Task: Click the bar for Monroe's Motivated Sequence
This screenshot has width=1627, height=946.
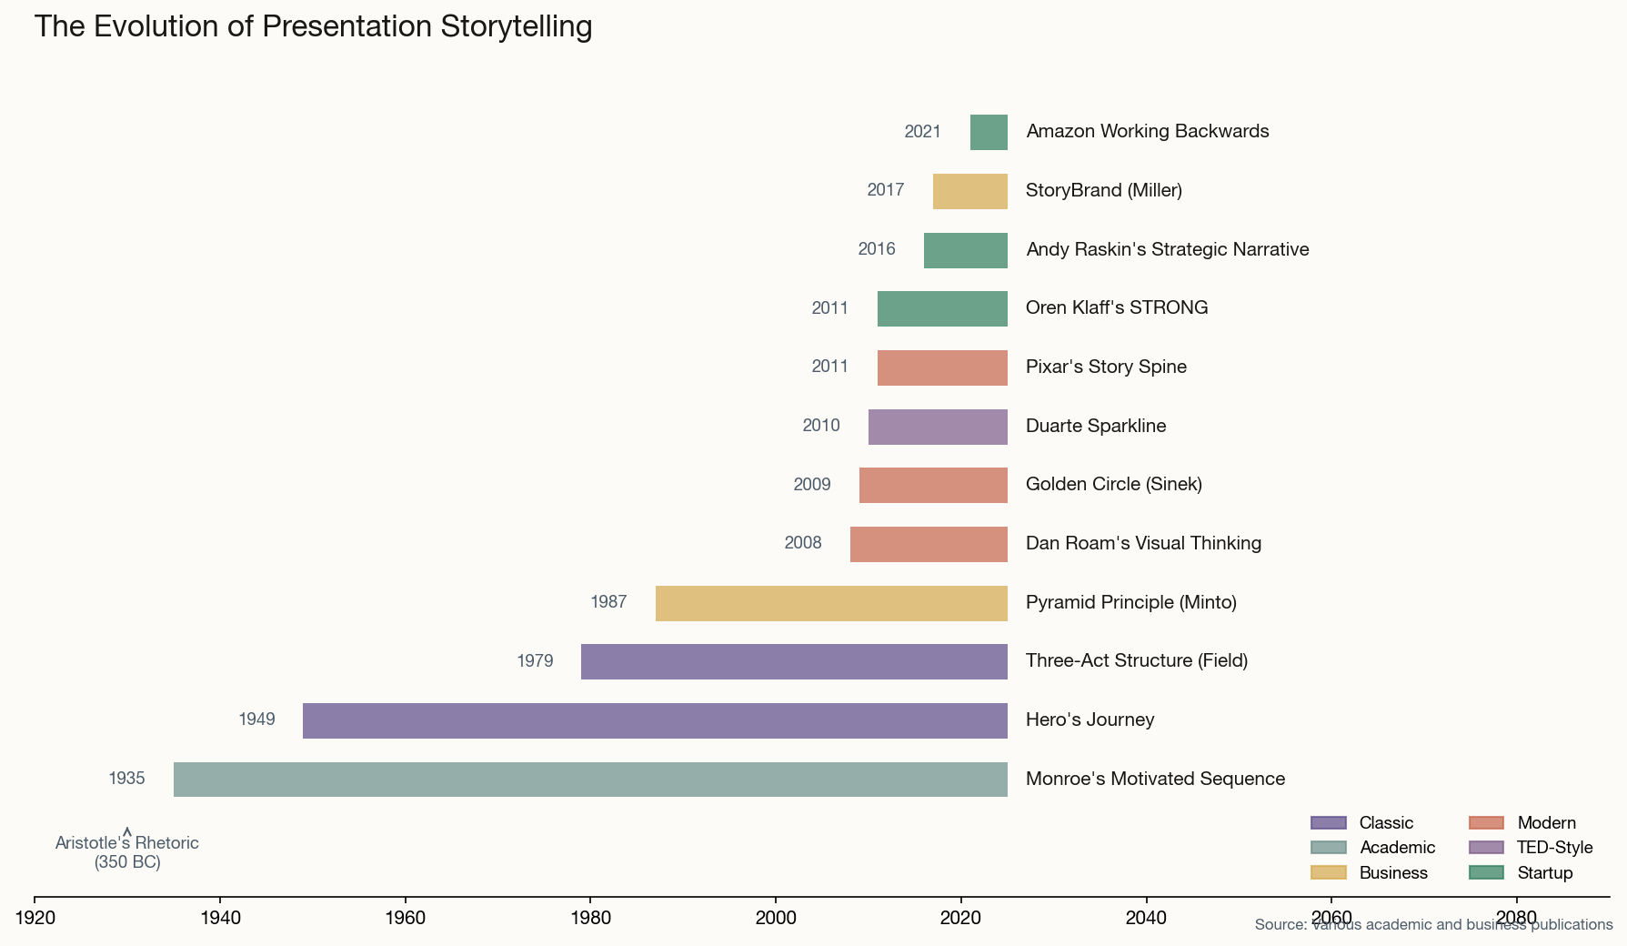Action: pyautogui.click(x=590, y=780)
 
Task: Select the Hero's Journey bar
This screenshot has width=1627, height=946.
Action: pyautogui.click(x=655, y=720)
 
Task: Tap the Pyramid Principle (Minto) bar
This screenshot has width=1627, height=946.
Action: pyautogui.click(x=831, y=603)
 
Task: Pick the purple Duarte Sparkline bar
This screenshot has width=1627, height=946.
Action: pyautogui.click(x=938, y=427)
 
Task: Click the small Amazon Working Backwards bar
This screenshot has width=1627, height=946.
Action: pyautogui.click(x=989, y=133)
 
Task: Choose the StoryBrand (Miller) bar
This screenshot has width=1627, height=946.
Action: pyautogui.click(x=969, y=191)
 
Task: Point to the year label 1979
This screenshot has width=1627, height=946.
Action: pyautogui.click(x=535, y=661)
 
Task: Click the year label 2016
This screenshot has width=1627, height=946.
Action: pyautogui.click(x=877, y=249)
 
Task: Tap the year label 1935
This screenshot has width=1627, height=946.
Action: pyautogui.click(x=126, y=779)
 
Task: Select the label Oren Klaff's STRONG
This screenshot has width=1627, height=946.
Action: pyautogui.click(x=1117, y=307)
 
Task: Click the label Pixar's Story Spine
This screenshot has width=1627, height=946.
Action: pyautogui.click(x=1106, y=367)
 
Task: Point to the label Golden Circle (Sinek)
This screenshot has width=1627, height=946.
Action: pyautogui.click(x=1113, y=484)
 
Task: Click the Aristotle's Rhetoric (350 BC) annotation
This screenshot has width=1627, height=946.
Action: pyautogui.click(x=127, y=852)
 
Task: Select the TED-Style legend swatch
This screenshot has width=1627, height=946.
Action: pyautogui.click(x=1486, y=848)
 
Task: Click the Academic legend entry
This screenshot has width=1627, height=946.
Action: pyautogui.click(x=1397, y=848)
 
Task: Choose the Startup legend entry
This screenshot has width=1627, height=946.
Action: pyautogui.click(x=1544, y=873)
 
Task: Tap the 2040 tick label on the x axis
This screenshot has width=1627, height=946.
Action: pyautogui.click(x=1146, y=918)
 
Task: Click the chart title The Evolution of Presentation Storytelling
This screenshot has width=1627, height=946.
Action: pyautogui.click(x=313, y=26)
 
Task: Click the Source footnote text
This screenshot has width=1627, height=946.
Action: pyautogui.click(x=1433, y=925)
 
